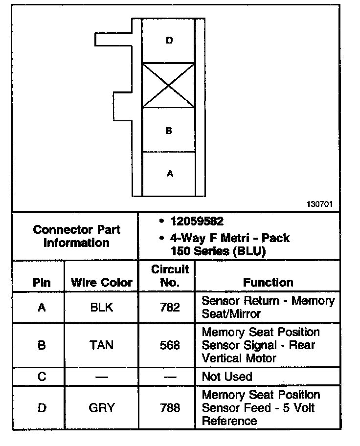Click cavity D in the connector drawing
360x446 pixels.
[169, 41]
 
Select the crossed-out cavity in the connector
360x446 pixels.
[169, 85]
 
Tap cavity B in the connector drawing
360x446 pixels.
[169, 131]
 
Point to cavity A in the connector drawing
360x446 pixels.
[169, 174]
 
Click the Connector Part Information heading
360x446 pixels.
[76, 236]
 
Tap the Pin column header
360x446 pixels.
[42, 282]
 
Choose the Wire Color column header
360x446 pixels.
[102, 282]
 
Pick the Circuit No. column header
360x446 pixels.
[170, 276]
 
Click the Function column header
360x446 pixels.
[268, 282]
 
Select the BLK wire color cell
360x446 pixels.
[102, 307]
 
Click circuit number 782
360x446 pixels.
[170, 307]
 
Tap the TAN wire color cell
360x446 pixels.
[102, 345]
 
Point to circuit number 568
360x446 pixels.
[170, 345]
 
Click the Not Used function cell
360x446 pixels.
[227, 377]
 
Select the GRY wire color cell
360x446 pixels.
[102, 407]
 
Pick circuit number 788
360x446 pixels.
[170, 407]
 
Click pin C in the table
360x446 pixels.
[42, 377]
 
